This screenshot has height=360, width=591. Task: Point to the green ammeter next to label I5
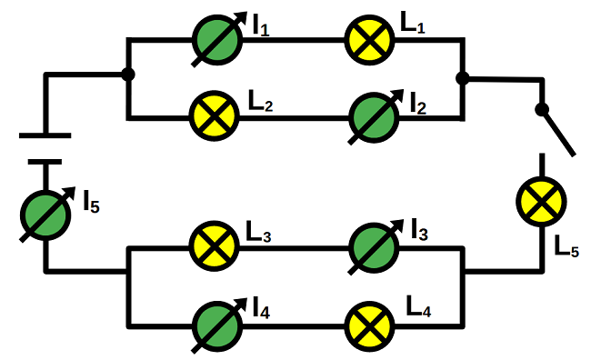pyautogui.click(x=47, y=214)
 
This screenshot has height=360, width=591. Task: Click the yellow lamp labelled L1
pyautogui.click(x=370, y=39)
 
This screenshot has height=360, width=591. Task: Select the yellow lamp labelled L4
pyautogui.click(x=370, y=324)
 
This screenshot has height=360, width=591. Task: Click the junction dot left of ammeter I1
pyautogui.click(x=128, y=75)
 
